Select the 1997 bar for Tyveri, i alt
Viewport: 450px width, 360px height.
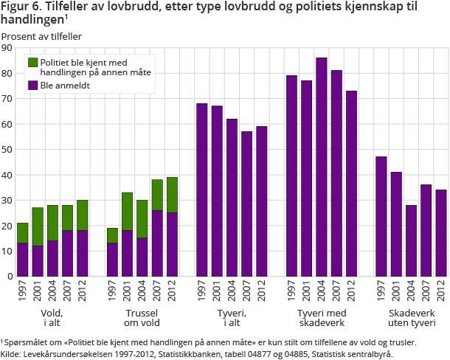201,190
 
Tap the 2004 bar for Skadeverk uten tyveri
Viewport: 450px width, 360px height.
412,240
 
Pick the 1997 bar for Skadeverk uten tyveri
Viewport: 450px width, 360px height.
381,216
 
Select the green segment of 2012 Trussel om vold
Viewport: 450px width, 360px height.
172,195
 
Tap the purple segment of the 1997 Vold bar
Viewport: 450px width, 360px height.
22,260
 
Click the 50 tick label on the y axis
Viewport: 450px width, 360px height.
7,150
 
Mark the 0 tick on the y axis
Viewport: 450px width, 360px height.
10,277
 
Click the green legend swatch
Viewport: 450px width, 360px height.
32,62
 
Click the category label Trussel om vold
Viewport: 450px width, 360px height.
140,317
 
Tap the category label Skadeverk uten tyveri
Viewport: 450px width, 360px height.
412,317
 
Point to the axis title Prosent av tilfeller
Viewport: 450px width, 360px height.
41,36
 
